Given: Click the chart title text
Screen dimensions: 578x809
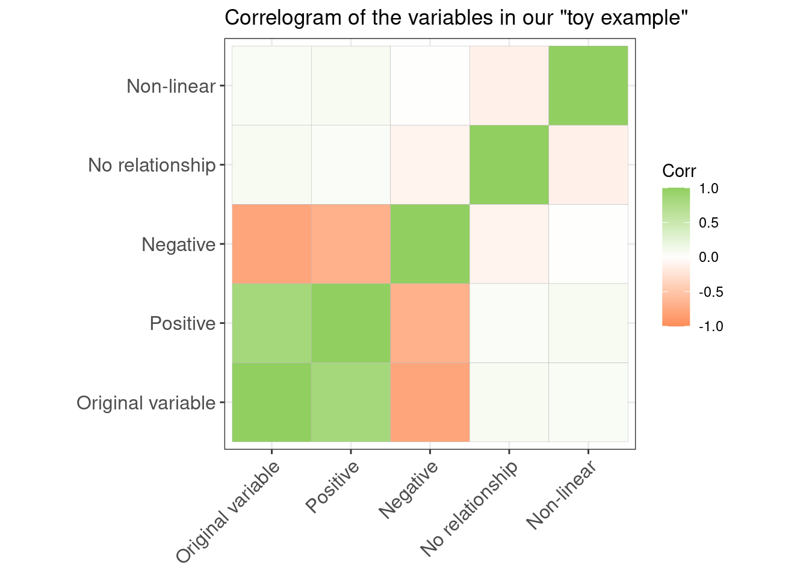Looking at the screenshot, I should (456, 18).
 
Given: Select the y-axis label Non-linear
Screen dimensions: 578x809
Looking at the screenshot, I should (170, 86).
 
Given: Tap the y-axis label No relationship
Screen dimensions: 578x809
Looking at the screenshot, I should (151, 165).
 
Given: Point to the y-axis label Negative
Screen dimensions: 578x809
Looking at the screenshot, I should (178, 244).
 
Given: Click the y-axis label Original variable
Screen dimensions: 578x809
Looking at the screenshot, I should (146, 403).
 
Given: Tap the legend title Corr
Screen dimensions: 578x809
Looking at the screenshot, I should (678, 171).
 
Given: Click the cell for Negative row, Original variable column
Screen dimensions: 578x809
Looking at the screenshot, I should (271, 244).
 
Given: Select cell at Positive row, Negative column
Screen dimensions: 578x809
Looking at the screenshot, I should (430, 323).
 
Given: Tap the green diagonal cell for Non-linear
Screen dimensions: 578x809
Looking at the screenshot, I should (588, 85).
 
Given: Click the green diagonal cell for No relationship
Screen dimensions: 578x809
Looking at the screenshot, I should (509, 165).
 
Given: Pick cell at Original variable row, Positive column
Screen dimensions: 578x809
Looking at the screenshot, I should (350, 402).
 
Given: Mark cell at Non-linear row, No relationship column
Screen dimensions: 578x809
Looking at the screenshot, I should (509, 85).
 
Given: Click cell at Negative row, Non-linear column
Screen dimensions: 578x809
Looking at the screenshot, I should (588, 244).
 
